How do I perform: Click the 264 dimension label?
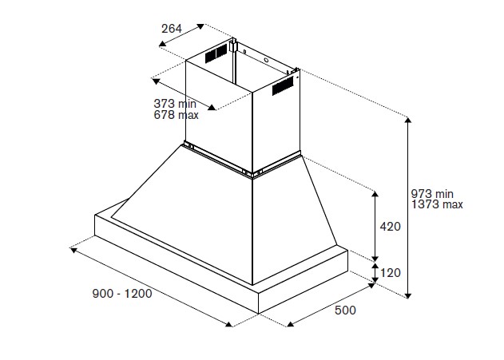click(x=172, y=29)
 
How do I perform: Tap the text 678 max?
click(x=176, y=115)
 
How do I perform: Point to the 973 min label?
click(x=432, y=194)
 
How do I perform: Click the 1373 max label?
click(x=437, y=205)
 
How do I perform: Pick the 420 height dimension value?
click(x=390, y=227)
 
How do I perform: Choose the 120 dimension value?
click(x=390, y=273)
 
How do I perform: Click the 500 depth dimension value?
click(x=345, y=310)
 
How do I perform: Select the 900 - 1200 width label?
click(x=121, y=293)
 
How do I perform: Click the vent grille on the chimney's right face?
click(x=284, y=86)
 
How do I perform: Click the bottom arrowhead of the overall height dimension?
click(x=409, y=296)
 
